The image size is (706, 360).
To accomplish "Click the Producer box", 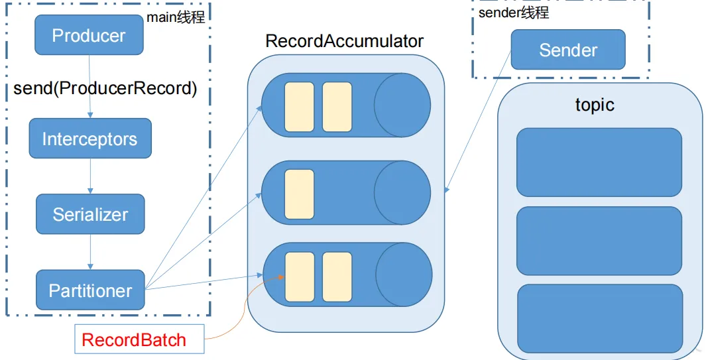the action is (x=89, y=34).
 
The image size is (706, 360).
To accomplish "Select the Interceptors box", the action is (x=90, y=139).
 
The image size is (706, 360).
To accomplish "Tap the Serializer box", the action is (x=90, y=214).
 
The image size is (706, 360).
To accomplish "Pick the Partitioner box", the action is (x=90, y=290).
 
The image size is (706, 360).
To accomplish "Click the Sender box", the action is (x=568, y=50).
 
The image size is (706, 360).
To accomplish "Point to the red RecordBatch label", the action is (x=134, y=339).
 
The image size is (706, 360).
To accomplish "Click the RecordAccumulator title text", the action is (x=345, y=41).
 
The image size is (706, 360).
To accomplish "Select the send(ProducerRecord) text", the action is (x=105, y=88).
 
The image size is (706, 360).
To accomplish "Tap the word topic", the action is (x=595, y=105).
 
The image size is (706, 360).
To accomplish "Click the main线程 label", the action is (x=176, y=17).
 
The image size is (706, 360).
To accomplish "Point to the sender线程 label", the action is (x=514, y=13).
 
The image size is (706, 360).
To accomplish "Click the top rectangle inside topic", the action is (x=599, y=162).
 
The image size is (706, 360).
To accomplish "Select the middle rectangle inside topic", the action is (x=599, y=241).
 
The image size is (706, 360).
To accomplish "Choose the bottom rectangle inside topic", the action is (x=600, y=318).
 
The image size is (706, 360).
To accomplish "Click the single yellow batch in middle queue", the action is (x=300, y=194).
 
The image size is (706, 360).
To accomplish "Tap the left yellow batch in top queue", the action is (x=300, y=107).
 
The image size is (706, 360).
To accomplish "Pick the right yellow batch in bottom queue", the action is (x=337, y=276).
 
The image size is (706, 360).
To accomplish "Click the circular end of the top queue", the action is (x=402, y=105).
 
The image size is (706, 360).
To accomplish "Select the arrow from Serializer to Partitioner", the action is (x=91, y=252).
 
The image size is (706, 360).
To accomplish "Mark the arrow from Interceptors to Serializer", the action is (x=91, y=176).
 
